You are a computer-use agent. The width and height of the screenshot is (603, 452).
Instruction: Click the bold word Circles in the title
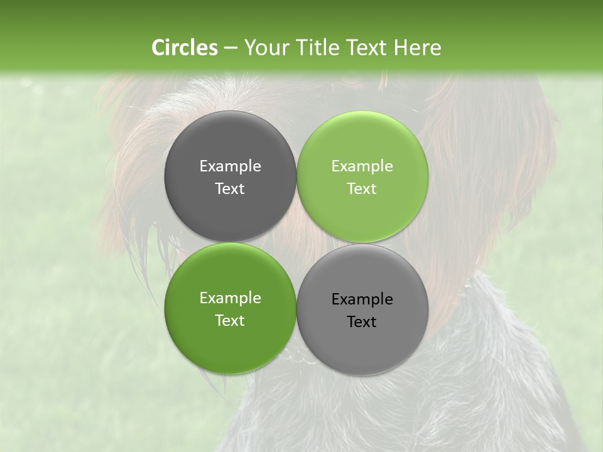(184, 48)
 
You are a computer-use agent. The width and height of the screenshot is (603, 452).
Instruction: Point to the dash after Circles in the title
(230, 48)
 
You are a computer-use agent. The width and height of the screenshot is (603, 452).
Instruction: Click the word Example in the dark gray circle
(230, 166)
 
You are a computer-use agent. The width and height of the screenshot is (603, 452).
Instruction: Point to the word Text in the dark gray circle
(230, 188)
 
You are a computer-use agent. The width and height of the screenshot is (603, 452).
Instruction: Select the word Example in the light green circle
(362, 166)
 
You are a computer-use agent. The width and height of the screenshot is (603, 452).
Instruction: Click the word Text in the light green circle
(362, 188)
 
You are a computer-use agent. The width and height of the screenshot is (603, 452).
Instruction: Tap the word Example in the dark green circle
(230, 298)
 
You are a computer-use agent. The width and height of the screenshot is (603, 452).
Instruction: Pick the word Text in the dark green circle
(230, 320)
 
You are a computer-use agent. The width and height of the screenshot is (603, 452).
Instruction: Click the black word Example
(362, 299)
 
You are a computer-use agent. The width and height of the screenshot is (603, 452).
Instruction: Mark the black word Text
(362, 321)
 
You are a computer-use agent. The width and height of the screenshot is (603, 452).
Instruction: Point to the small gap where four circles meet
(296, 242)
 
